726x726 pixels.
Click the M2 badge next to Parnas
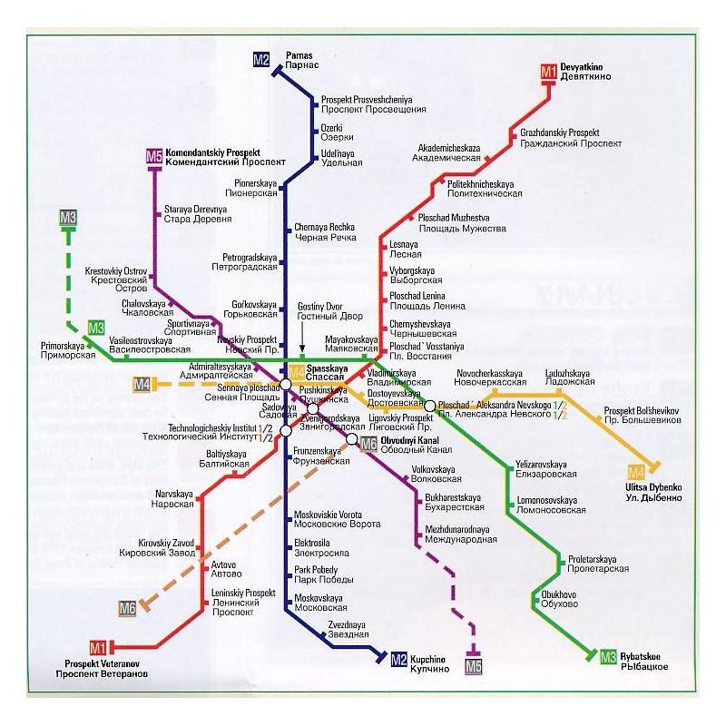[261, 60]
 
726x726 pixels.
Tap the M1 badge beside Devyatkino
[549, 71]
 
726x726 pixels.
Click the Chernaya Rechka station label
[325, 231]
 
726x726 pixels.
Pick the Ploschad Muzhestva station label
[461, 223]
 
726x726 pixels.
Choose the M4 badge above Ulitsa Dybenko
[637, 471]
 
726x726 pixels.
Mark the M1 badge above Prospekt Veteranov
[98, 647]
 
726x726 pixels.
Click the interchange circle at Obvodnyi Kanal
[352, 439]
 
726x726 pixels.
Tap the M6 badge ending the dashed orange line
[127, 607]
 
